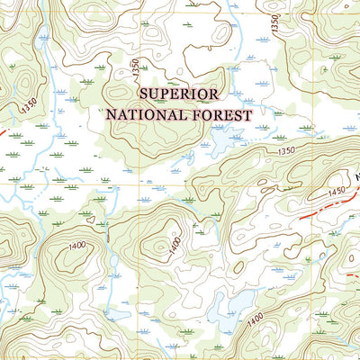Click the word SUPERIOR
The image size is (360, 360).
[x=177, y=94]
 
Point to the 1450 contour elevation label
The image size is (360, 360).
[x=337, y=193]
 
